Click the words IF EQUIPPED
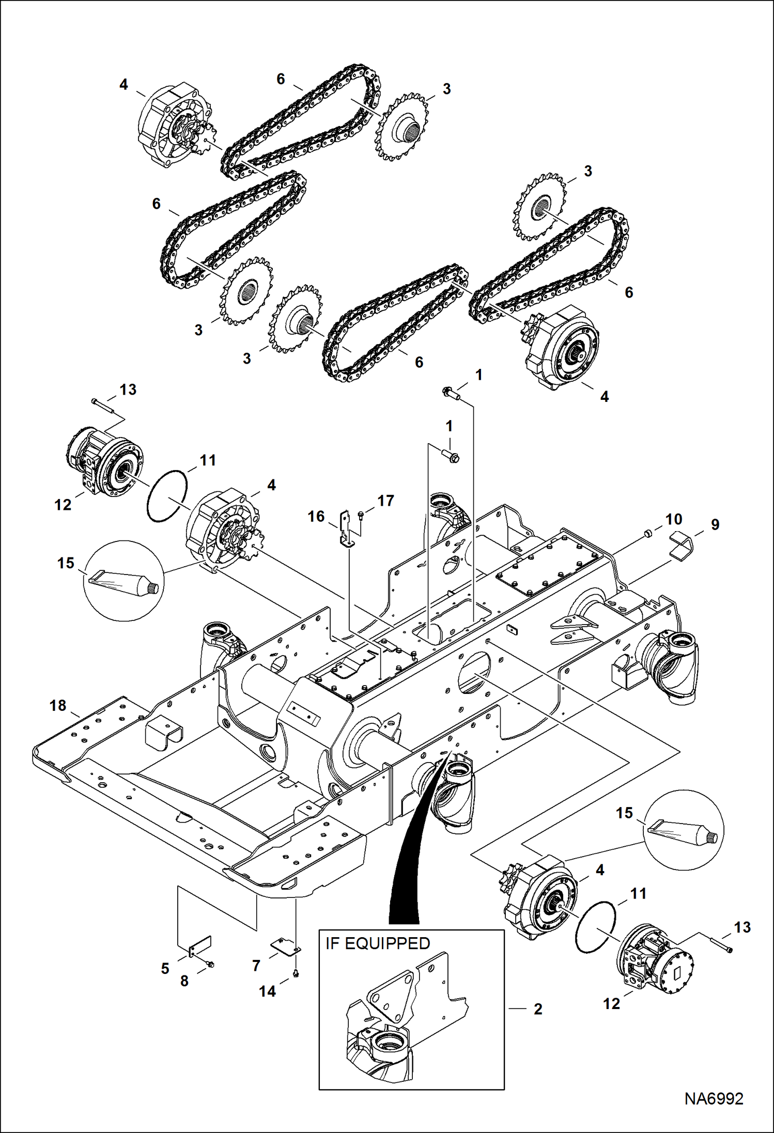click(x=378, y=943)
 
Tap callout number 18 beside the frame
click(x=58, y=705)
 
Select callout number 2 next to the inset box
click(x=537, y=1008)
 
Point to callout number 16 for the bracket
click(x=316, y=516)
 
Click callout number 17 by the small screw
click(x=385, y=501)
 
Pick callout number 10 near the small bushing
click(x=673, y=519)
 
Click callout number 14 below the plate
click(x=267, y=991)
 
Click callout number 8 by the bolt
click(x=184, y=981)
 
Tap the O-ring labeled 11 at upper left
click(x=167, y=497)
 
